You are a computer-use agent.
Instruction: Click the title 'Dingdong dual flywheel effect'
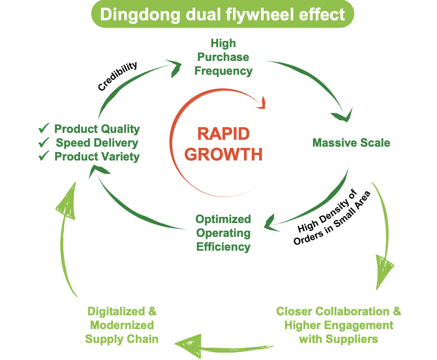[x=222, y=15]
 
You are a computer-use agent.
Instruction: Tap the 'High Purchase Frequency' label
[x=223, y=57]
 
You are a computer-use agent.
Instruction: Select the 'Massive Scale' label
[x=351, y=143]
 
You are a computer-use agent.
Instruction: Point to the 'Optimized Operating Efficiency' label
[x=223, y=233]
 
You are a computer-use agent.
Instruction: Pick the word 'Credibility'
[x=117, y=76]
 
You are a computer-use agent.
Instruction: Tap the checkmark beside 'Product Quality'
[x=43, y=129]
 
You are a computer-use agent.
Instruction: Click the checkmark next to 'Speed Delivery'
[x=43, y=143]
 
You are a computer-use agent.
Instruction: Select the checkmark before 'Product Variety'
[x=43, y=156]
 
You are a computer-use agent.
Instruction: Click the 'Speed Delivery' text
[x=97, y=143]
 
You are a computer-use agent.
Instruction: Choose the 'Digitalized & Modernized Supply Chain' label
[x=122, y=325]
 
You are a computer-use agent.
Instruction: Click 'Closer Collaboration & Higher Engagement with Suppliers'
[x=338, y=325]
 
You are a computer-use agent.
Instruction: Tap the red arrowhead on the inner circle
[x=260, y=104]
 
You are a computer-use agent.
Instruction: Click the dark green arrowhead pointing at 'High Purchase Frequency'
[x=175, y=67]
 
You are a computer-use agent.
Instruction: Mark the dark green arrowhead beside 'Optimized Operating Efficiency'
[x=270, y=223]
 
